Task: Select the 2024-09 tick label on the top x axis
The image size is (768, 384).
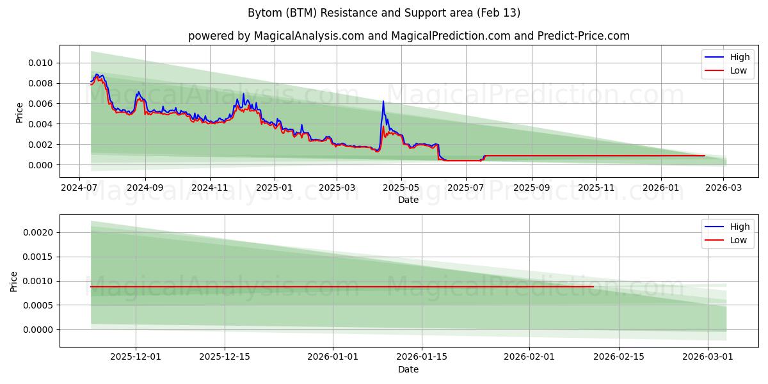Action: click(x=145, y=188)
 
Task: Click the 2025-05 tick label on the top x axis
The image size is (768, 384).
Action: click(x=401, y=188)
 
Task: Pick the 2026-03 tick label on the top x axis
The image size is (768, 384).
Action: click(x=724, y=188)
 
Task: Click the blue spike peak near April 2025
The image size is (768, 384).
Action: click(x=383, y=101)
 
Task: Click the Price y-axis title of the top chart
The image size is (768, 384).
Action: click(x=19, y=112)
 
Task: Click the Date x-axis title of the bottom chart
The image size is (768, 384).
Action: click(x=408, y=369)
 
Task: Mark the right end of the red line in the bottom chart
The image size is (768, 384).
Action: click(x=593, y=287)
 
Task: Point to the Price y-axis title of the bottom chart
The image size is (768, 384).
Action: click(x=14, y=282)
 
